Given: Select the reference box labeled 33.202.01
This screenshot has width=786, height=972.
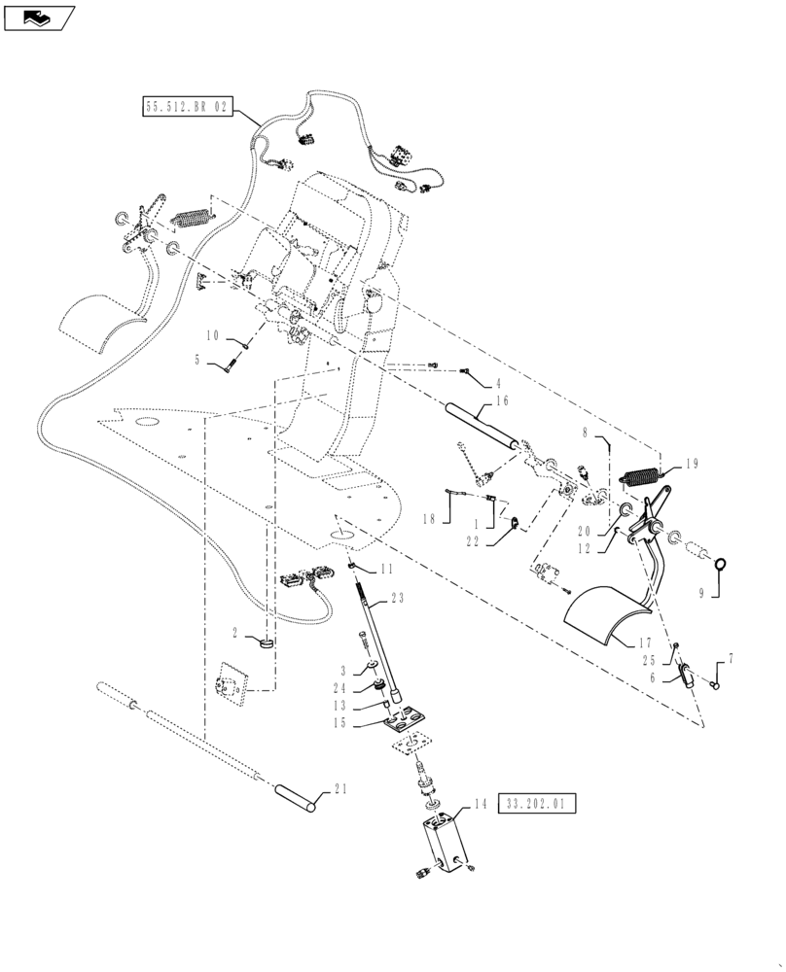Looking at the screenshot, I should (538, 804).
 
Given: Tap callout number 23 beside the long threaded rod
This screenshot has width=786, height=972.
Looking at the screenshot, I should (399, 599).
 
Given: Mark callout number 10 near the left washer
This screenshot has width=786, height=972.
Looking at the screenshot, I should (213, 335).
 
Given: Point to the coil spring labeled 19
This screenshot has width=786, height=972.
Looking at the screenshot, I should (641, 478).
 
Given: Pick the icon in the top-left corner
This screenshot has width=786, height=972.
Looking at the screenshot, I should (38, 17).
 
